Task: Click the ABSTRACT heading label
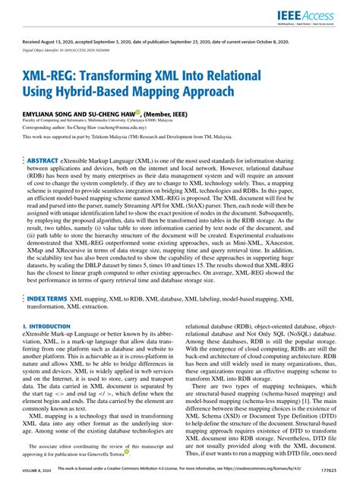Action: [45, 162]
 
